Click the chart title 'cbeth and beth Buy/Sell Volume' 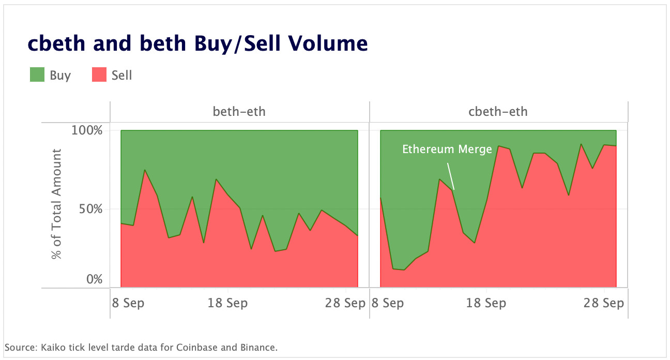pyautogui.click(x=197, y=44)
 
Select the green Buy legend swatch pyautogui.click(x=37, y=76)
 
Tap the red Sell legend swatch pyautogui.click(x=99, y=76)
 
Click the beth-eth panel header pyautogui.click(x=239, y=111)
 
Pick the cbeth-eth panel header pyautogui.click(x=498, y=111)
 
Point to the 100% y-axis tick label pyautogui.click(x=86, y=130)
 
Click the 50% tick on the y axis pyautogui.click(x=90, y=208)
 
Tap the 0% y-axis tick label pyautogui.click(x=94, y=280)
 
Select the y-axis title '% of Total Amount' pyautogui.click(x=56, y=204)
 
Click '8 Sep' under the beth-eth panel pyautogui.click(x=128, y=303)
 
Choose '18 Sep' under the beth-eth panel pyautogui.click(x=227, y=303)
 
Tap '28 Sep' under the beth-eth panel pyautogui.click(x=345, y=303)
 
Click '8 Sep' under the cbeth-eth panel pyautogui.click(x=387, y=303)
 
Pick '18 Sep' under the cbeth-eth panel pyautogui.click(x=486, y=303)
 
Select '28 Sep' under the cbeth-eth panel pyautogui.click(x=604, y=303)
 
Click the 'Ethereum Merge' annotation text pyautogui.click(x=447, y=149)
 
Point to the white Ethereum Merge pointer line pyautogui.click(x=451, y=176)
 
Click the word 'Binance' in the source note pyautogui.click(x=260, y=347)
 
